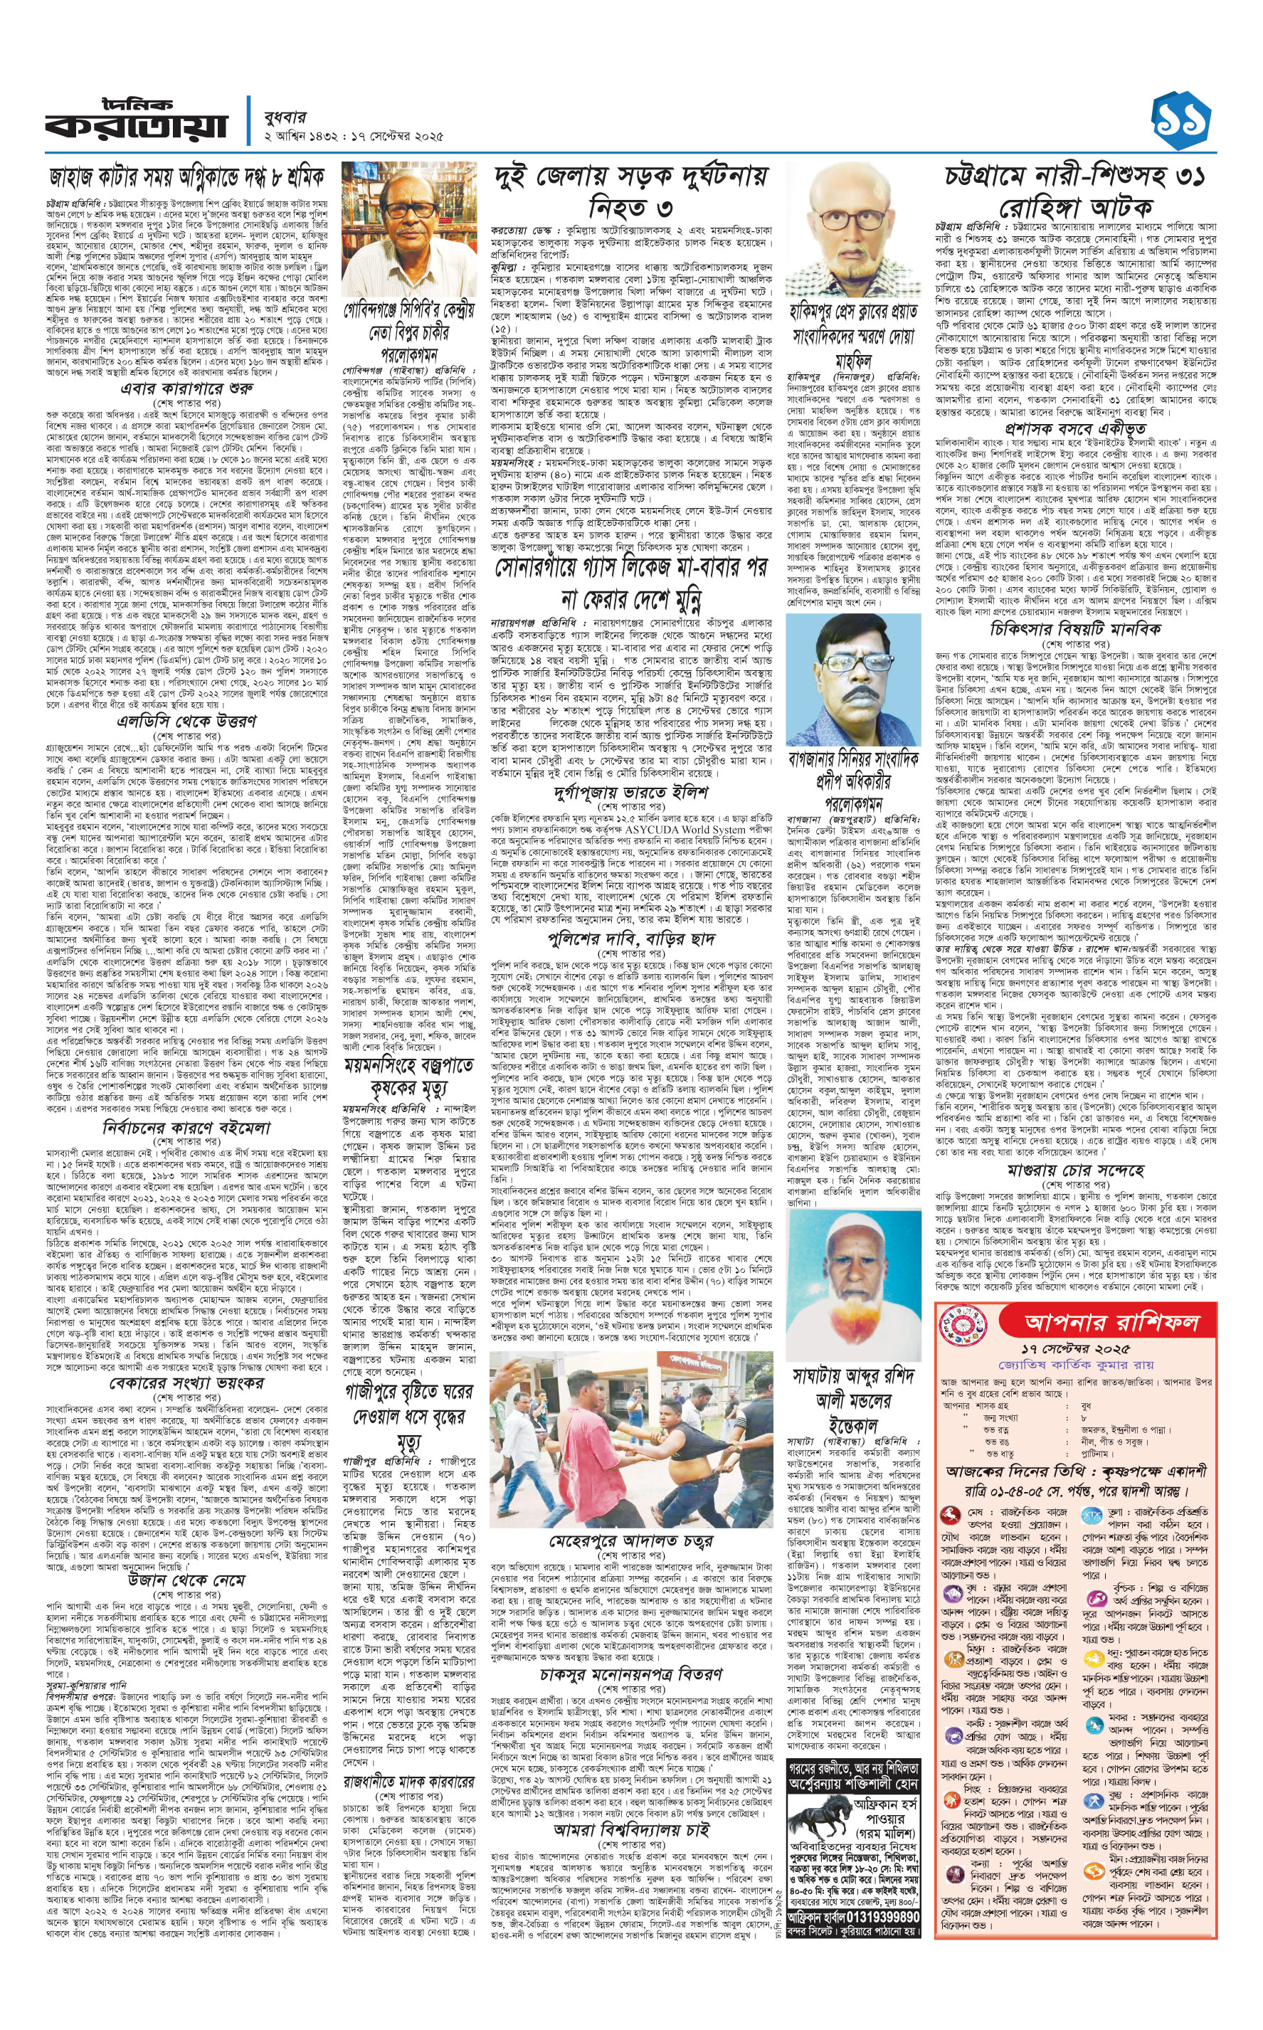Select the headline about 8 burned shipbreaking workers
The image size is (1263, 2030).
[186, 178]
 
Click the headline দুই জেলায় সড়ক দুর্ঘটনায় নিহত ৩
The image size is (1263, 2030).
[630, 191]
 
